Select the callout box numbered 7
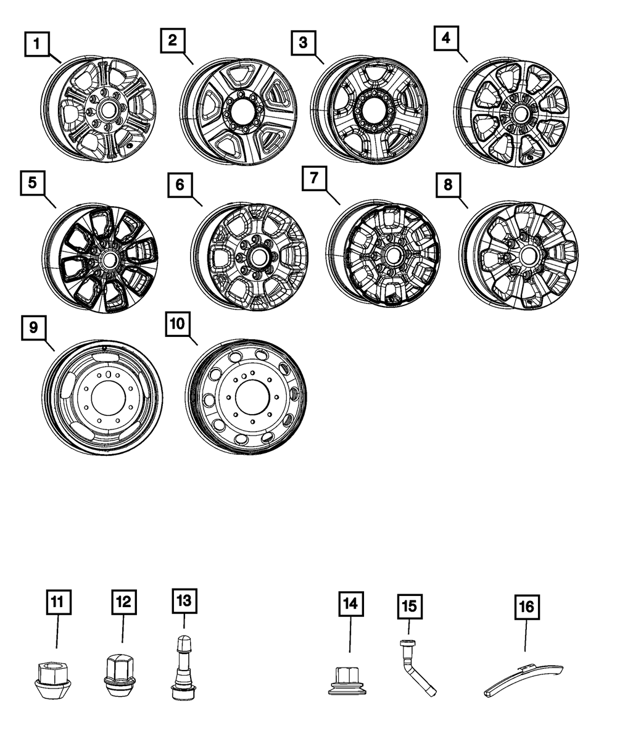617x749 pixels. click(315, 179)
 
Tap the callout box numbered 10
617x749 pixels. click(178, 324)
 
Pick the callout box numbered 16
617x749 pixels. click(526, 608)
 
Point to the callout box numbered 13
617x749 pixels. click(185, 599)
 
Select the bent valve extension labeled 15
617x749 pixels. click(416, 669)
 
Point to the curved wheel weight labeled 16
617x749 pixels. click(524, 679)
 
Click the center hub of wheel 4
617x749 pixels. click(519, 114)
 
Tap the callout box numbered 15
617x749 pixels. click(410, 606)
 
